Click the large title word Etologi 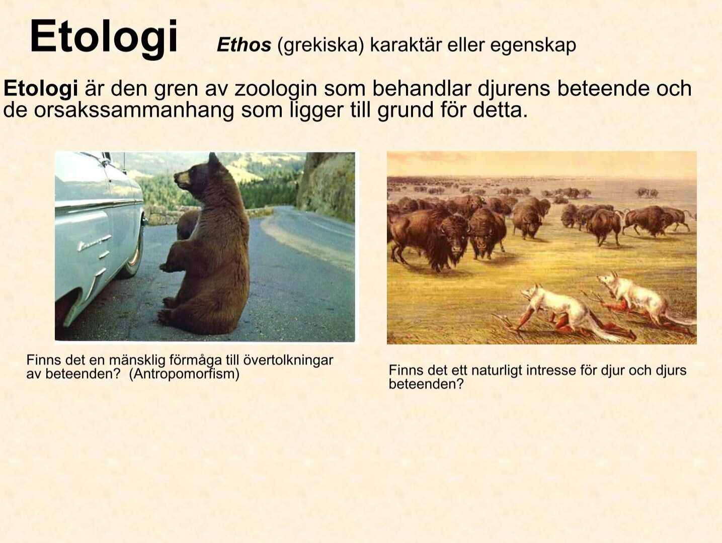pos(104,38)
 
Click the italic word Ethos pos(244,45)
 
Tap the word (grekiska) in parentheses pos(320,46)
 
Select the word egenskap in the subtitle pos(533,46)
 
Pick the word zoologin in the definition pos(276,89)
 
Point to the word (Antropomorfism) pos(184,374)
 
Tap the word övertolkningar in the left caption pos(288,360)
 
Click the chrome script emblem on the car pos(94,242)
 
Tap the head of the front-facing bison pos(455,237)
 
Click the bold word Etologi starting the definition pos(41,89)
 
